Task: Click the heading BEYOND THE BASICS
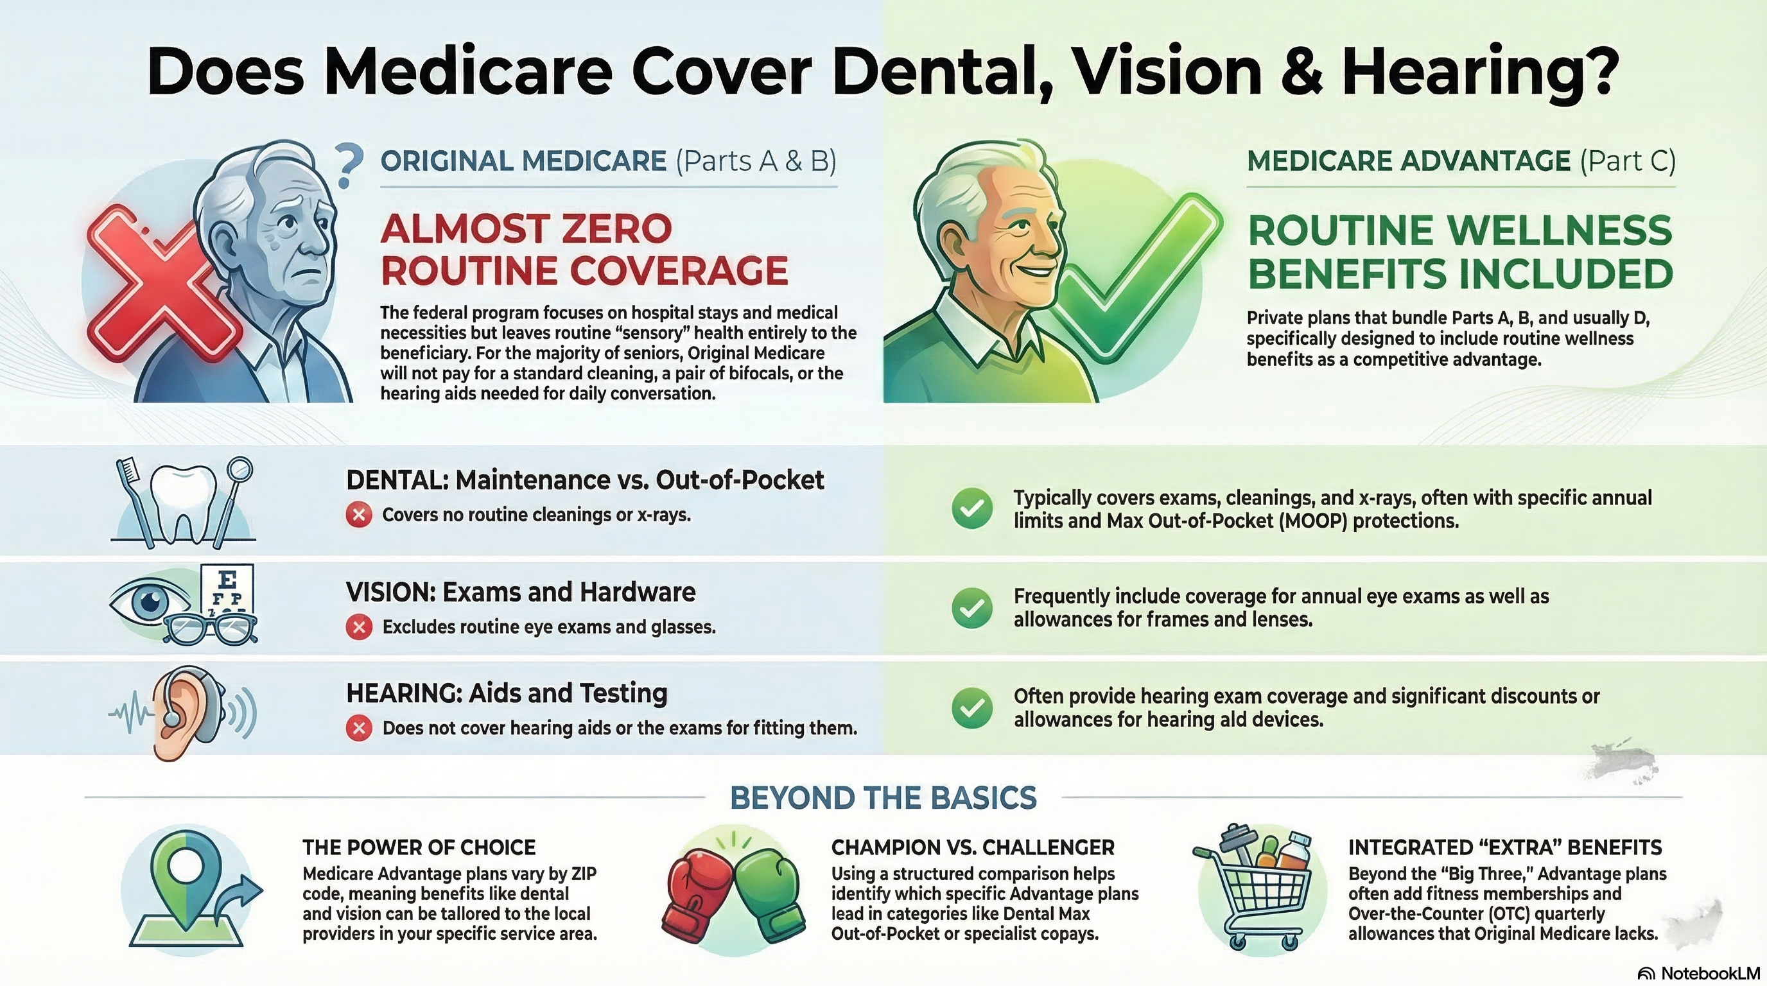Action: [x=883, y=798]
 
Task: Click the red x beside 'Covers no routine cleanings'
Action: [x=359, y=514]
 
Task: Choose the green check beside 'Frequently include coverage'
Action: [x=972, y=607]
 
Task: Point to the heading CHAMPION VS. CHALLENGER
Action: [x=973, y=847]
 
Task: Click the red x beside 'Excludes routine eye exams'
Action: [x=359, y=627]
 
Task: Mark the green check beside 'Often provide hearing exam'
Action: [x=972, y=707]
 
